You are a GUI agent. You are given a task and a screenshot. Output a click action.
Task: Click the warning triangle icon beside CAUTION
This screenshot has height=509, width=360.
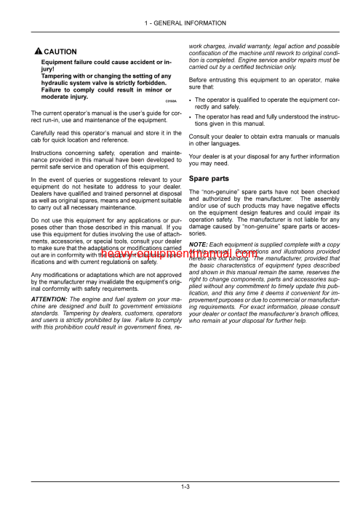(x=37, y=52)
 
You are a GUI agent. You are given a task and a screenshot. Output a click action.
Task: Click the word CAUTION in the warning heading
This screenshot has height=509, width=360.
(x=60, y=52)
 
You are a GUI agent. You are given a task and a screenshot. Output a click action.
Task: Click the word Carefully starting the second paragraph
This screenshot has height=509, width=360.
(x=45, y=134)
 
